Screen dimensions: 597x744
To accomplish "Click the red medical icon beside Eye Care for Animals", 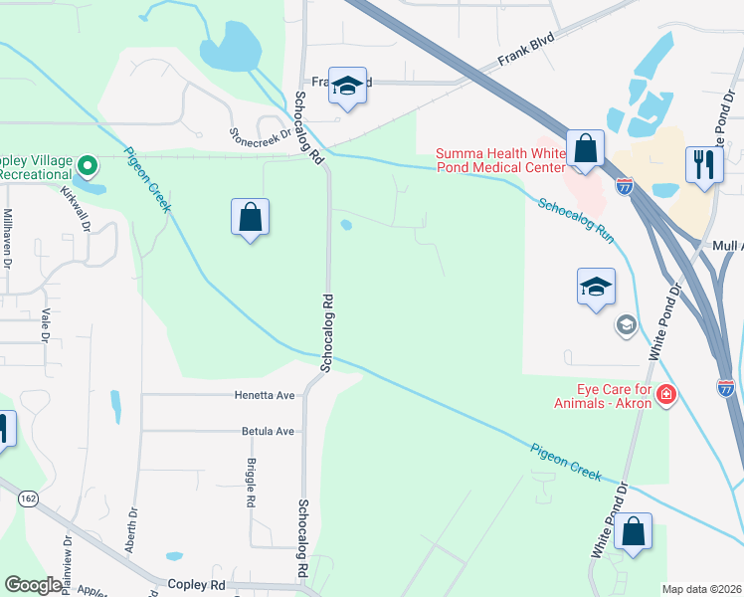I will pos(665,397).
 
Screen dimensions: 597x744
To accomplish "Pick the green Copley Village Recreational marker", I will pos(87,164).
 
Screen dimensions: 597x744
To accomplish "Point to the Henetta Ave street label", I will pos(265,395).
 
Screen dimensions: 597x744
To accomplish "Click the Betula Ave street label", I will pos(268,432).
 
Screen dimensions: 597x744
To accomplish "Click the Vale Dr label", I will pos(45,323).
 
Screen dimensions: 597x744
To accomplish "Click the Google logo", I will pos(33,585).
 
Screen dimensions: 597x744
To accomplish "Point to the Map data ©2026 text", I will pos(702,589).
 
